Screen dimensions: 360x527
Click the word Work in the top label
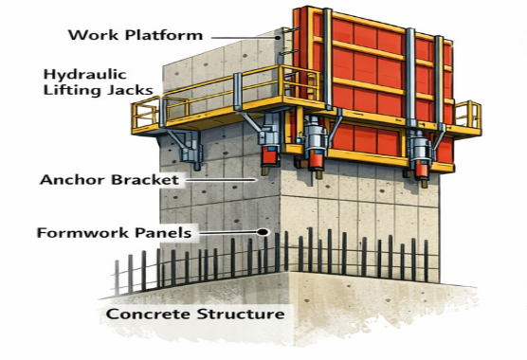pyautogui.click(x=90, y=36)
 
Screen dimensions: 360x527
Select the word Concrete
pyautogui.click(x=147, y=314)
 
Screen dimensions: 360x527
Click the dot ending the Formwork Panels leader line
pyautogui.click(x=269, y=232)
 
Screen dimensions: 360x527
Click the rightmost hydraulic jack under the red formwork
pyautogui.click(x=418, y=152)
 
